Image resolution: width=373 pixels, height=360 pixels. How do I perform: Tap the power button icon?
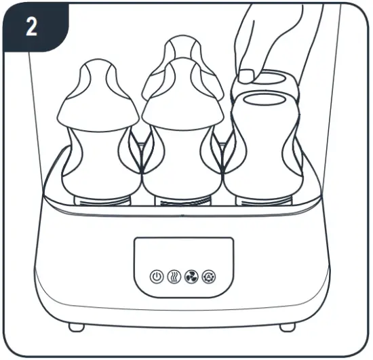pos(157,278)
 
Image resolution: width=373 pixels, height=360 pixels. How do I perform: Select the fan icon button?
pos(191,278)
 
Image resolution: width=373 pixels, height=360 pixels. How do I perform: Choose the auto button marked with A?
pos(208,278)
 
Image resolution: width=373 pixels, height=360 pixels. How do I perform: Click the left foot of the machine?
pos(77,327)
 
